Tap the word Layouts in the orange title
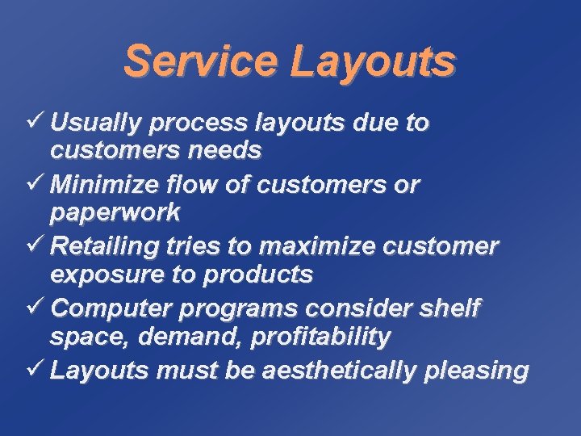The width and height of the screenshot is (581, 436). point(372,63)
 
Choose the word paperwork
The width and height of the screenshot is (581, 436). point(115,213)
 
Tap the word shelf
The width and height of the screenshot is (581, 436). point(451,308)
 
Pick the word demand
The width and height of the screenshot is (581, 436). point(191,337)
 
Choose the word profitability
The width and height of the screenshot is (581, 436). point(320,337)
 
